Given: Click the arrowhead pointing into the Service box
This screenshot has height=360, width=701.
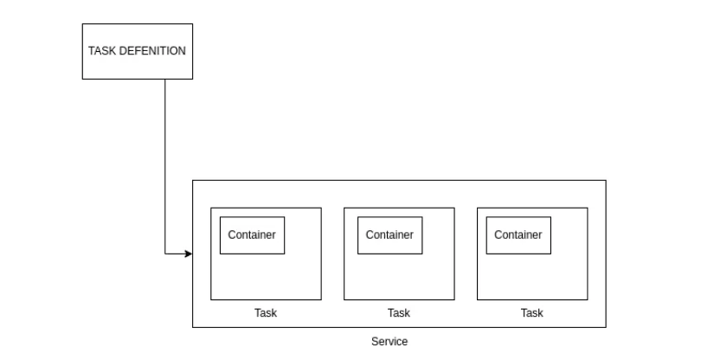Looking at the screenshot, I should (188, 254).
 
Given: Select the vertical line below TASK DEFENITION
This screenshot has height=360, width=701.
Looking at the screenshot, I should (164, 164).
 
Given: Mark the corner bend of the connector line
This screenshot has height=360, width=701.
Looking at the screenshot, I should (164, 254).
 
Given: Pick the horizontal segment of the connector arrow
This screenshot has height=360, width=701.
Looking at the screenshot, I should (176, 254).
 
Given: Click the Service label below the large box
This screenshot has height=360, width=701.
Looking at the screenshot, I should (389, 342).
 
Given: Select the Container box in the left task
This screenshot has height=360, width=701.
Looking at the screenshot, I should (252, 235).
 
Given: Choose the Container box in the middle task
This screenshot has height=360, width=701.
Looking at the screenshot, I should (389, 235).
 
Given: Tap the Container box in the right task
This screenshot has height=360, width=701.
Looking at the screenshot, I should (518, 235).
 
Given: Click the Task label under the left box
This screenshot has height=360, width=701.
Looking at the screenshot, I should (266, 313).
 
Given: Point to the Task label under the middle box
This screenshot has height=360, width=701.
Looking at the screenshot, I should (398, 313).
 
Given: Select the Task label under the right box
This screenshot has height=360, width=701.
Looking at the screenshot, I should (531, 313).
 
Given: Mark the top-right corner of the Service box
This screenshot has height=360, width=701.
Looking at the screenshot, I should (606, 180).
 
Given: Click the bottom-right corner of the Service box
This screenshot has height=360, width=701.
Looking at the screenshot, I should (606, 328).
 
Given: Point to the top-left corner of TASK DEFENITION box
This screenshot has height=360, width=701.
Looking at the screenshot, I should (82, 24).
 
